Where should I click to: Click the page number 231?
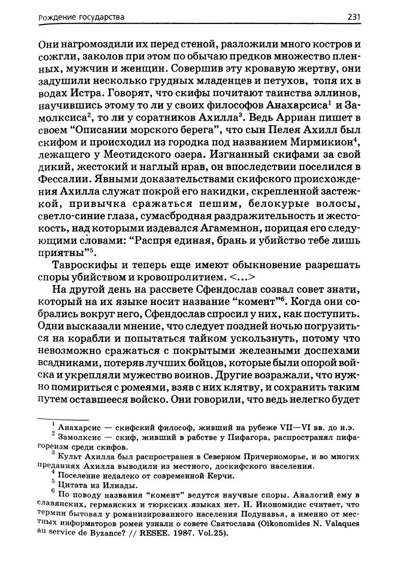(354, 17)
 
